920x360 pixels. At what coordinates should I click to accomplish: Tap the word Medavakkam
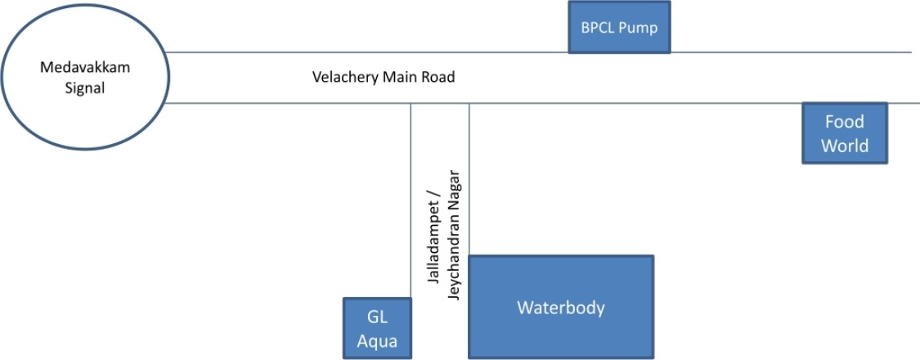coord(85,68)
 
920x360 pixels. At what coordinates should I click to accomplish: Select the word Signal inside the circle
coord(85,88)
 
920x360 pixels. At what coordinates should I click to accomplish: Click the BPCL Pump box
coord(619,28)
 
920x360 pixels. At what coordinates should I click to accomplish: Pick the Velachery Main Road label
coord(384,78)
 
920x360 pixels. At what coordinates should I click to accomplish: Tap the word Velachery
coord(342,78)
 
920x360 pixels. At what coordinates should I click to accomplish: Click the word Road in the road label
coord(438,78)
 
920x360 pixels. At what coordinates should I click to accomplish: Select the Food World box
coord(844,133)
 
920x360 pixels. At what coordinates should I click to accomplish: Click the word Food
coord(844,122)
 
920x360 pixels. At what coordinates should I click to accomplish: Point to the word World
coord(844,146)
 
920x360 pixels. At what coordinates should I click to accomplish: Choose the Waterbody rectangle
coord(560,308)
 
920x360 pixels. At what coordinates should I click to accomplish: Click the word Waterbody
coord(560,308)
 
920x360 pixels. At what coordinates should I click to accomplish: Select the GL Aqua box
coord(377,328)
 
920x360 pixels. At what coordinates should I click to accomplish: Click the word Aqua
coord(377,340)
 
